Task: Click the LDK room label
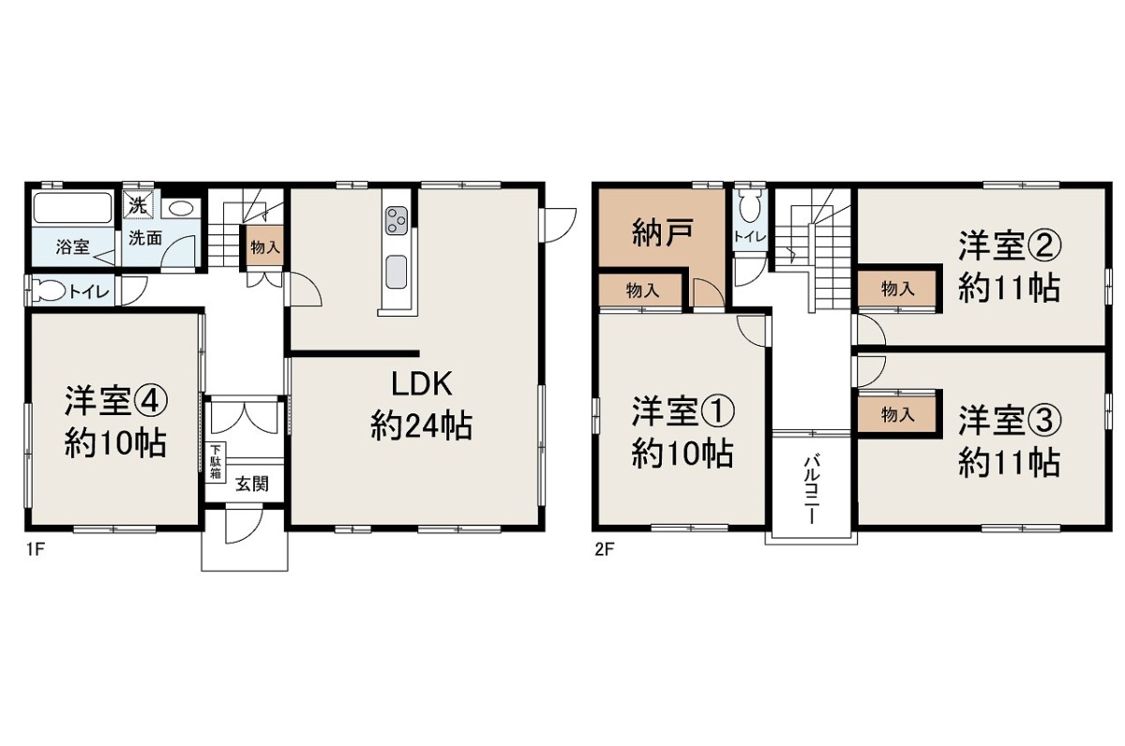(x=422, y=384)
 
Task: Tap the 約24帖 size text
(x=421, y=425)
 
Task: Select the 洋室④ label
(x=115, y=401)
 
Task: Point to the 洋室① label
(x=683, y=411)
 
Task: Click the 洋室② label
(x=1010, y=246)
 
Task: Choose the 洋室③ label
(x=1010, y=421)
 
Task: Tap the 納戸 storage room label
(x=663, y=231)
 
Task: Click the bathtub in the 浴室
(x=73, y=208)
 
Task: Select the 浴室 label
(x=73, y=246)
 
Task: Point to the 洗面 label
(x=145, y=238)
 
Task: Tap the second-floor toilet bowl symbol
(x=750, y=206)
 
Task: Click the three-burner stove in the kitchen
(x=397, y=220)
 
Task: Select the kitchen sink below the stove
(x=397, y=272)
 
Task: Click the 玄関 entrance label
(x=252, y=484)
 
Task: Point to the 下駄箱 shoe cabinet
(x=216, y=462)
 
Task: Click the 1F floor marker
(x=36, y=549)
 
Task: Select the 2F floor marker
(x=605, y=549)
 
